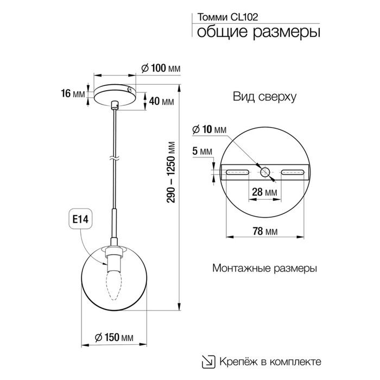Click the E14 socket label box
pyautogui.click(x=80, y=219)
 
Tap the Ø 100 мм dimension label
pyautogui.click(x=161, y=68)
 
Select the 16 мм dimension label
pyautogui.click(x=73, y=93)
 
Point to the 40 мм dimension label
pyautogui.click(x=161, y=102)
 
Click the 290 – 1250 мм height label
pyautogui.click(x=172, y=172)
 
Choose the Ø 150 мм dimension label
pyautogui.click(x=114, y=337)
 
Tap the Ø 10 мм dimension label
pyautogui.click(x=209, y=130)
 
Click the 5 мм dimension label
pyautogui.click(x=202, y=151)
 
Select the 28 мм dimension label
pyautogui.click(x=264, y=192)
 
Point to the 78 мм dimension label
pyautogui.click(x=265, y=231)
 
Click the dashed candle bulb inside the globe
pyautogui.click(x=114, y=286)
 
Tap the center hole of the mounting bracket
pyautogui.click(x=265, y=172)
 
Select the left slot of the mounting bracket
pyautogui.click(x=237, y=172)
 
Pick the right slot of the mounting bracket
pyautogui.click(x=293, y=172)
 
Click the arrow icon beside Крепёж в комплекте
pyautogui.click(x=208, y=362)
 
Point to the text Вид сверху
pyautogui.click(x=265, y=97)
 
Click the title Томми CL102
pyautogui.click(x=228, y=17)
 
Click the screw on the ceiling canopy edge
pyautogui.click(x=130, y=90)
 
